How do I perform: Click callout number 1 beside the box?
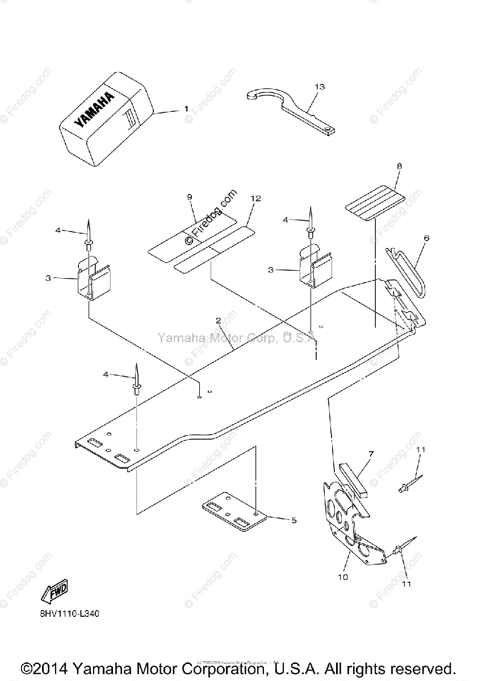coord(186,107)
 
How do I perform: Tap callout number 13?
coord(320,86)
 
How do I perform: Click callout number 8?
coord(399,166)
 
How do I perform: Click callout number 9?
coord(189,196)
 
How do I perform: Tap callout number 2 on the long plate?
coord(218,320)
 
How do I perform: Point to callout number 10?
coord(343,577)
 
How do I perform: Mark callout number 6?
coord(426,238)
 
